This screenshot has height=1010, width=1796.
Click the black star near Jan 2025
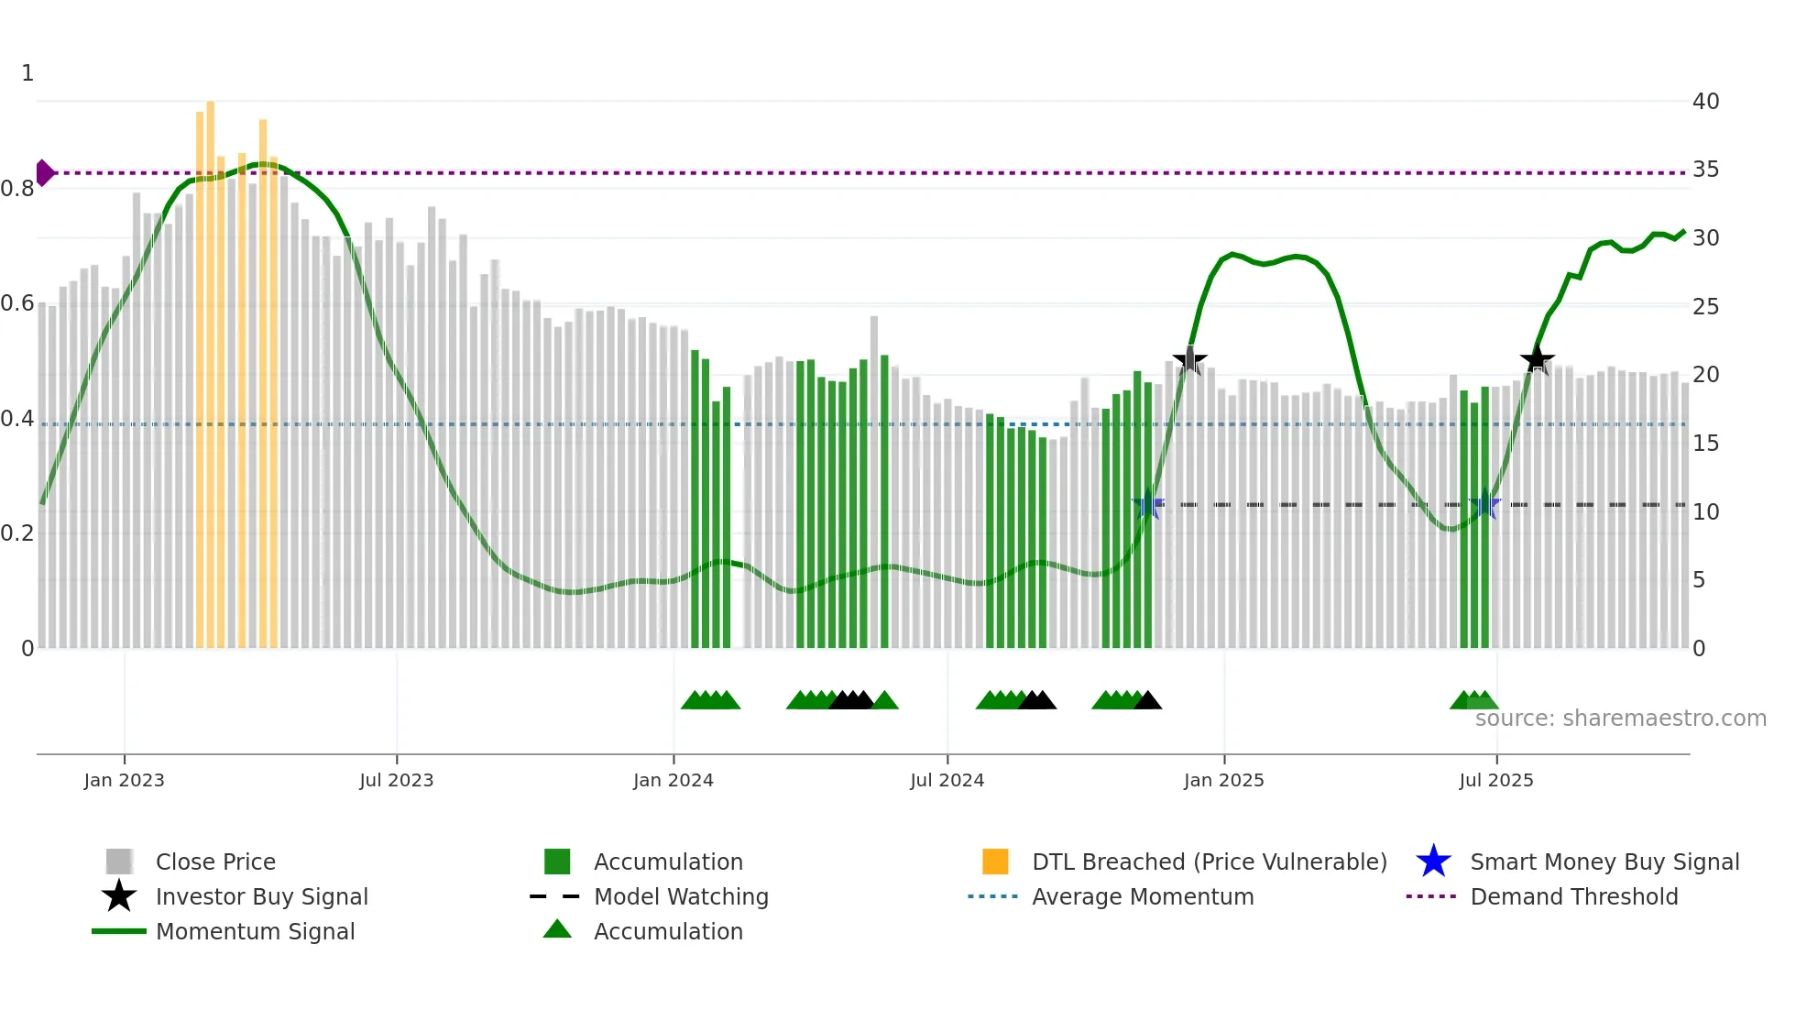point(1189,361)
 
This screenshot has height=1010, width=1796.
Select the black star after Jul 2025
point(1538,359)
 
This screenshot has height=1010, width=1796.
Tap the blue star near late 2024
point(1147,505)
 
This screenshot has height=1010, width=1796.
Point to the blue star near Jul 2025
point(1484,505)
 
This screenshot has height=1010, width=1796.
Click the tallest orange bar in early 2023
point(211,367)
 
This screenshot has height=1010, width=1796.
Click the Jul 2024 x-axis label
point(947,780)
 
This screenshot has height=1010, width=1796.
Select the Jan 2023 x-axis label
point(124,780)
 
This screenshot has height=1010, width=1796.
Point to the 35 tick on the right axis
point(1705,170)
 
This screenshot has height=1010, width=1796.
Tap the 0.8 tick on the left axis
point(17,189)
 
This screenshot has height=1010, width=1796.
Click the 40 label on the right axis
point(1705,102)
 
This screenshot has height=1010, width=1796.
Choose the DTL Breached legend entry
point(1209,862)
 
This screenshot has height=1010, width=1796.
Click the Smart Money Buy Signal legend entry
point(1604,862)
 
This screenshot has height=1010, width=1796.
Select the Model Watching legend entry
point(681,896)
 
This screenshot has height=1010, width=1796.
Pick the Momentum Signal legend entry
point(255,931)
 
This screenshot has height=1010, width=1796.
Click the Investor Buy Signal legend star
point(119,896)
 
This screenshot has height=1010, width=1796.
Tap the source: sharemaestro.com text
point(1620,719)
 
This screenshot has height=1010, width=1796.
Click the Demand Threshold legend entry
point(1573,896)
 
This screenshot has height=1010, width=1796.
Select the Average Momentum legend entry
point(1142,896)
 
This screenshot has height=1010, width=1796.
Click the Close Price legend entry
point(215,862)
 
